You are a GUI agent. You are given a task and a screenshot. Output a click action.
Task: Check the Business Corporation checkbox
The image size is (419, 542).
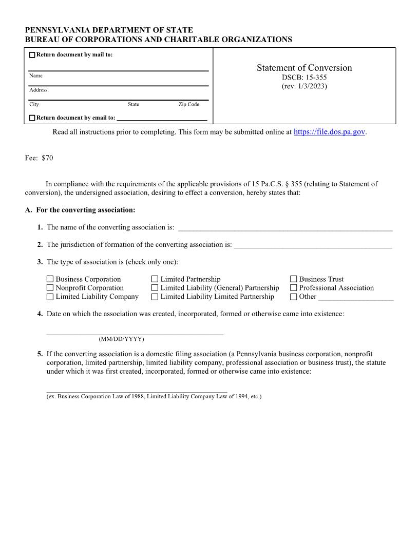[x=50, y=279]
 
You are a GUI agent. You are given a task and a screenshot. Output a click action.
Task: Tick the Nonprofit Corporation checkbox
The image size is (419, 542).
[x=50, y=288]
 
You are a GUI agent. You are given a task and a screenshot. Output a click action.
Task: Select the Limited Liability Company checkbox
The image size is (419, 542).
[x=50, y=297]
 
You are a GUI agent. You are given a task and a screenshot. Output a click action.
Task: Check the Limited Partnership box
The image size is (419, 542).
[x=155, y=279]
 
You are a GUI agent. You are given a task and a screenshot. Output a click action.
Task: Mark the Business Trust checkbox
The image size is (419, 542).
[x=293, y=279]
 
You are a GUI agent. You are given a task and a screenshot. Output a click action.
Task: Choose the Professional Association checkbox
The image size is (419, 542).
[x=293, y=288]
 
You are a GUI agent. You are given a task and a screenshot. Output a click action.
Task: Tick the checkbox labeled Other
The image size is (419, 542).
[x=293, y=297]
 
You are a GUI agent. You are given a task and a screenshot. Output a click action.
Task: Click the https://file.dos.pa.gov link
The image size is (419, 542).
[x=329, y=132]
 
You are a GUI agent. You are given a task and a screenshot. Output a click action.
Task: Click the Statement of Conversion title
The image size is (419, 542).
[x=304, y=68]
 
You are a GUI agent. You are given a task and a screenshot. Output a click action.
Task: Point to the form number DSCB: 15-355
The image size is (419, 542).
[x=304, y=78]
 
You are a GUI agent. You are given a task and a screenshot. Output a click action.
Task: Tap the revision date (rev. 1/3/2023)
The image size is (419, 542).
[x=304, y=86]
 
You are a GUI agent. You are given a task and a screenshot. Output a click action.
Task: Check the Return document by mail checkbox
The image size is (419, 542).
[x=32, y=55]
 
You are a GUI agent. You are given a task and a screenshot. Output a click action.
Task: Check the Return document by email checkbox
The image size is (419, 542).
[x=32, y=118]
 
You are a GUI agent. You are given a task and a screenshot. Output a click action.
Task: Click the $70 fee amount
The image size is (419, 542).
[x=47, y=158]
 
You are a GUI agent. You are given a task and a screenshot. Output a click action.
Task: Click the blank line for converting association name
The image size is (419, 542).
[x=285, y=228]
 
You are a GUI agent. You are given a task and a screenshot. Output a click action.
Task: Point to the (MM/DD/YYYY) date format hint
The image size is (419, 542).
[x=121, y=339]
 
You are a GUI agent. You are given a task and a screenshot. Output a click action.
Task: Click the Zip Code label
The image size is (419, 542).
[x=188, y=104]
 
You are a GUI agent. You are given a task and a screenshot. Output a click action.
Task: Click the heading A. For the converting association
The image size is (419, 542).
[x=80, y=210]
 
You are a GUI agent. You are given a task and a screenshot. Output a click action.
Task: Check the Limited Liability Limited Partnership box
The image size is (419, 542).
[x=155, y=297]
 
